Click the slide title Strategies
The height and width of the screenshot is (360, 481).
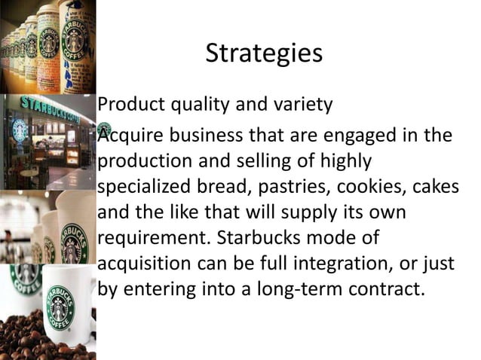coord(263,53)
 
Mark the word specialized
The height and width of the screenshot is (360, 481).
coord(144,188)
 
